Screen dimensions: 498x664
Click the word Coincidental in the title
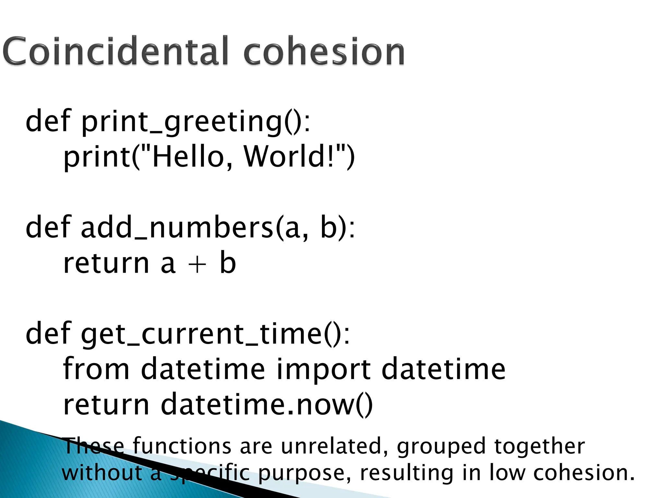[117, 51]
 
